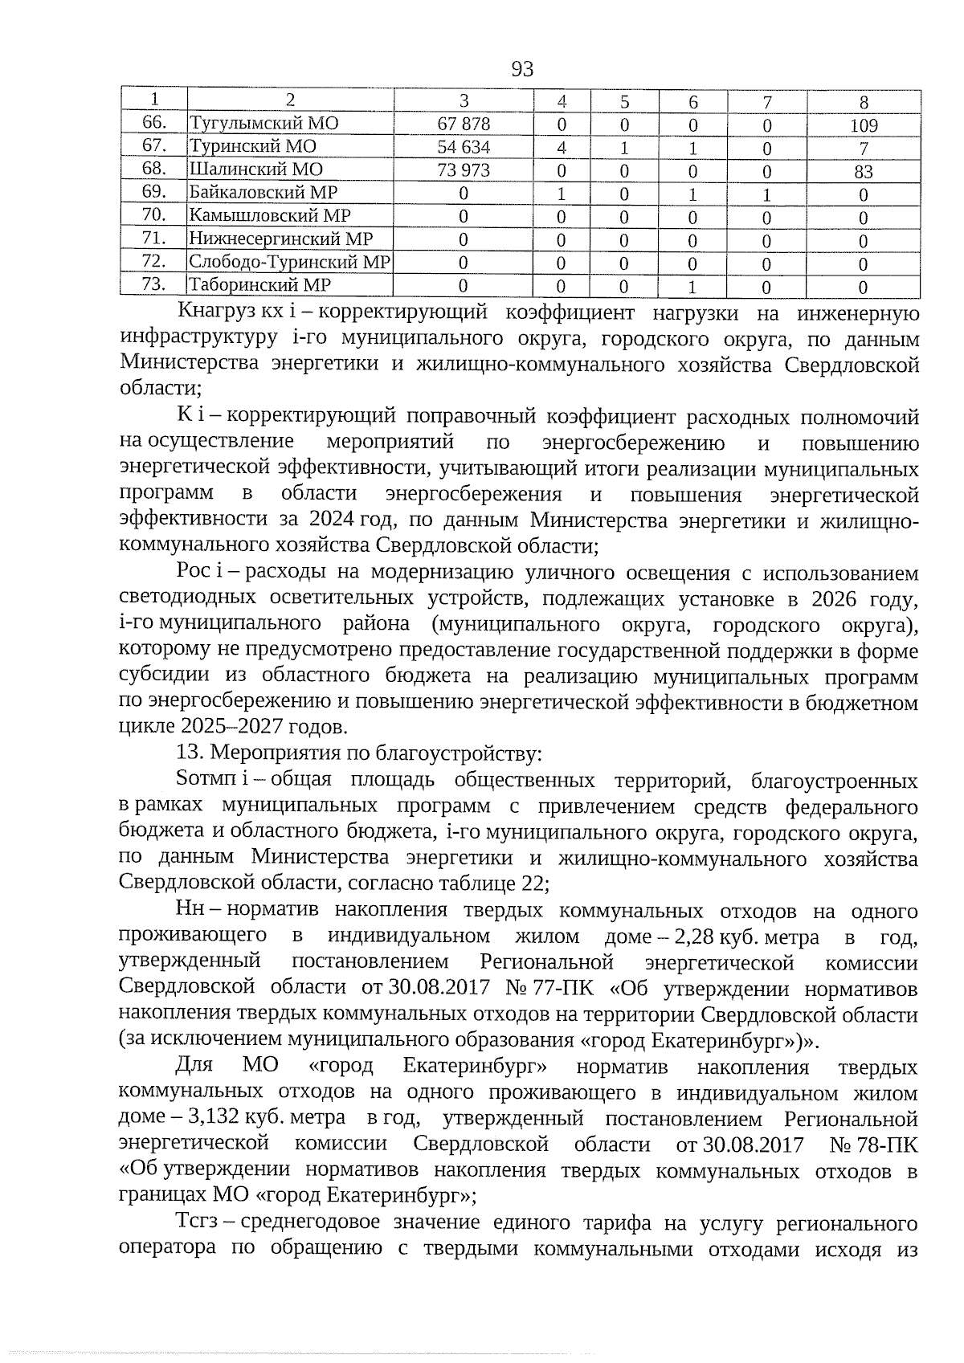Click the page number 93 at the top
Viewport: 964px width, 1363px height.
pos(522,69)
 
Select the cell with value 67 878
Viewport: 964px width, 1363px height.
pos(464,124)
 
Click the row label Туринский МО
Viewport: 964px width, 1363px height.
pos(253,146)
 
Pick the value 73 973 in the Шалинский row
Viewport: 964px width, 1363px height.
pos(464,170)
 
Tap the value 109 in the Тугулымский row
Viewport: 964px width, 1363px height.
pos(864,125)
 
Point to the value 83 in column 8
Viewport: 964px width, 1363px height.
pos(864,171)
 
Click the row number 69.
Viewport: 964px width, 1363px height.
pos(153,192)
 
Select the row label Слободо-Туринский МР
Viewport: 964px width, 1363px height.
pos(289,262)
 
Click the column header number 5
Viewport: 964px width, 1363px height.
pos(624,102)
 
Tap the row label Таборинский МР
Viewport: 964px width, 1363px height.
pos(260,285)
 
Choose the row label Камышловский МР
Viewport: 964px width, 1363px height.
pos(270,216)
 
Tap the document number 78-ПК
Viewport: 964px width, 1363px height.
pos(886,1144)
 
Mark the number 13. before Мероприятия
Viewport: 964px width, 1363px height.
pos(190,754)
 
